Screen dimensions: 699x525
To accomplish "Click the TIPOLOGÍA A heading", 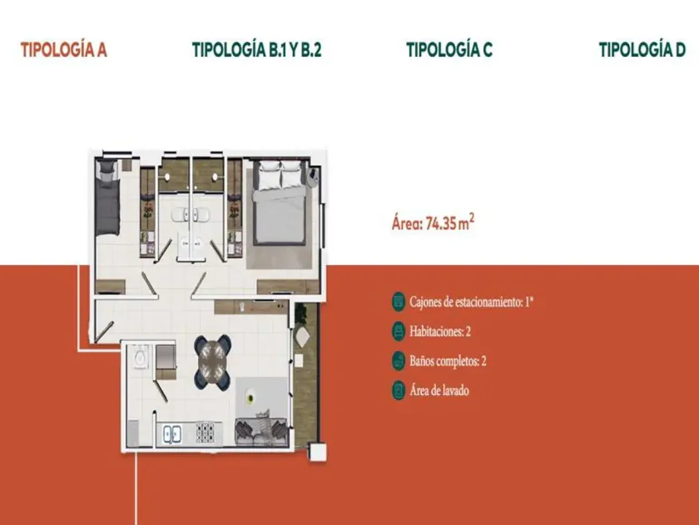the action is click(x=64, y=49).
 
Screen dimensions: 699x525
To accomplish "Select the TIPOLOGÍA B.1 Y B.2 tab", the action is click(x=257, y=49).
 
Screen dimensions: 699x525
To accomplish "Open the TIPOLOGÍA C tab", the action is click(x=449, y=49).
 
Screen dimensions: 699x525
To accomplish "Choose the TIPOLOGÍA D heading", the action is click(x=642, y=49).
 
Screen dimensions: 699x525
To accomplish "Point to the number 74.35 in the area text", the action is click(x=441, y=223).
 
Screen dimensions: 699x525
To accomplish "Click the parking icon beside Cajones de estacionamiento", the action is click(x=399, y=302).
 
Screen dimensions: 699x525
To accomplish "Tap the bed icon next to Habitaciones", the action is click(x=399, y=332).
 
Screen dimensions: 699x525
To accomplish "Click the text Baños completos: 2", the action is click(x=448, y=361).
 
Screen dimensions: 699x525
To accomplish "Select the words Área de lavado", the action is click(x=439, y=391).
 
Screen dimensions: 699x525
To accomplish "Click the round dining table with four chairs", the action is click(x=212, y=362).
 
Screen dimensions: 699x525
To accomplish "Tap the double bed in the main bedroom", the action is click(x=280, y=202).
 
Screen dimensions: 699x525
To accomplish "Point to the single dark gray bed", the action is click(x=107, y=197).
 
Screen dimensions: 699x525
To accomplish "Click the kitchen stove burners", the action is click(x=206, y=432).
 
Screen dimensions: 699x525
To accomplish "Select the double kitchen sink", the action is click(x=172, y=433).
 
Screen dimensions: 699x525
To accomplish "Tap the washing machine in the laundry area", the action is click(x=140, y=357).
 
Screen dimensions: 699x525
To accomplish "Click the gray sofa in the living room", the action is click(x=260, y=432).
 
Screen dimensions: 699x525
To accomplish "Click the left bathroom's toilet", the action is click(x=179, y=214).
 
